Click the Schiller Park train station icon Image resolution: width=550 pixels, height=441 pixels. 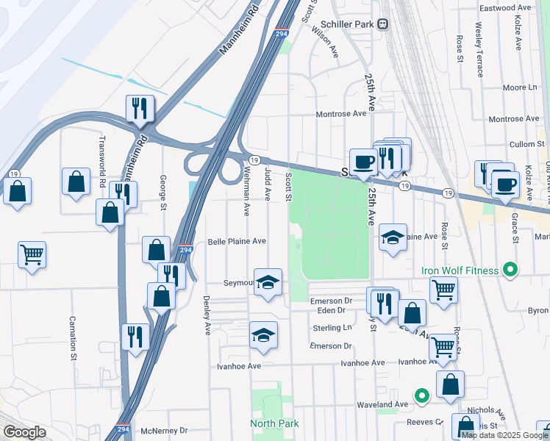coord(382,24)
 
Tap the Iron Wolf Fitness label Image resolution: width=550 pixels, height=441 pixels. coord(460,270)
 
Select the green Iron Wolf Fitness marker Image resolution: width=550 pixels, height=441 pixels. coord(508,270)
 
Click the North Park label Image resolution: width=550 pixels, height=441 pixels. coord(274,423)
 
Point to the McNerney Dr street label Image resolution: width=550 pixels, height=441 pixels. coord(164,431)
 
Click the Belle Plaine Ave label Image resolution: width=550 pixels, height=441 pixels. coord(236,241)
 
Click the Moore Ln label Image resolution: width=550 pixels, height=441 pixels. coord(520,87)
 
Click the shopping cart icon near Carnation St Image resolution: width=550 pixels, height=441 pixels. coord(32,255)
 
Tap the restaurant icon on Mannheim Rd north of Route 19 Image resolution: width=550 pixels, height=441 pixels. coord(139,109)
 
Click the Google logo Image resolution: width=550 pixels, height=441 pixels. coord(24,432)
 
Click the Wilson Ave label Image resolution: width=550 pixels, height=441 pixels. coord(325,43)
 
